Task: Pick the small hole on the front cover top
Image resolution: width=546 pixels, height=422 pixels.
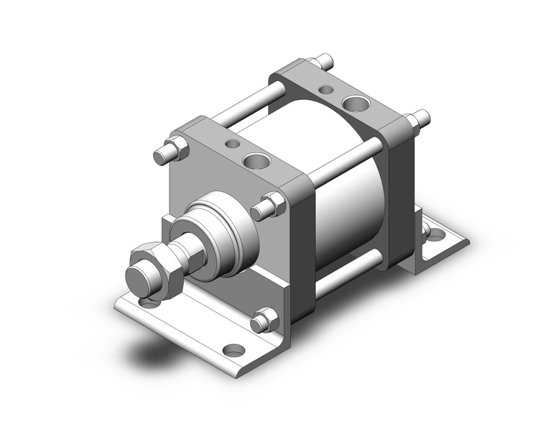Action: pos(232,144)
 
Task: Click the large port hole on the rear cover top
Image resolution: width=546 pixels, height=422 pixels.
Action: pos(353,105)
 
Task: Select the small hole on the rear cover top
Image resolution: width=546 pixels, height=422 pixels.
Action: pos(328,91)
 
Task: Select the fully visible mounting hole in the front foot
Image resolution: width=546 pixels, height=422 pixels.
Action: pos(233,350)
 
